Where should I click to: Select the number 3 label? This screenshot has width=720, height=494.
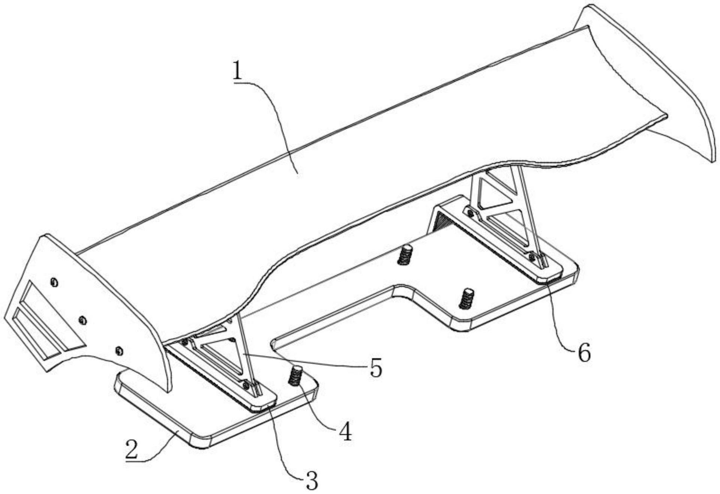coord(311,480)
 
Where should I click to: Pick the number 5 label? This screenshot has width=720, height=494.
coord(375,368)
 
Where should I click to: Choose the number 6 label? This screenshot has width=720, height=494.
coord(584,352)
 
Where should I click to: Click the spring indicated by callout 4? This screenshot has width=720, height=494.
coord(296,376)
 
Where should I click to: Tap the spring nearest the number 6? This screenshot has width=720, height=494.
coord(466,299)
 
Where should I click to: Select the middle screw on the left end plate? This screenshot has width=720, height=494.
coord(83,320)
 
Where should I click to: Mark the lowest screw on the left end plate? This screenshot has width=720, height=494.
coord(119,350)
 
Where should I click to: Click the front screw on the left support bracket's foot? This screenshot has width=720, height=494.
coord(246,385)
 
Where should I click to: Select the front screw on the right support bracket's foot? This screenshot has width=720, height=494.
coord(531,257)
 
